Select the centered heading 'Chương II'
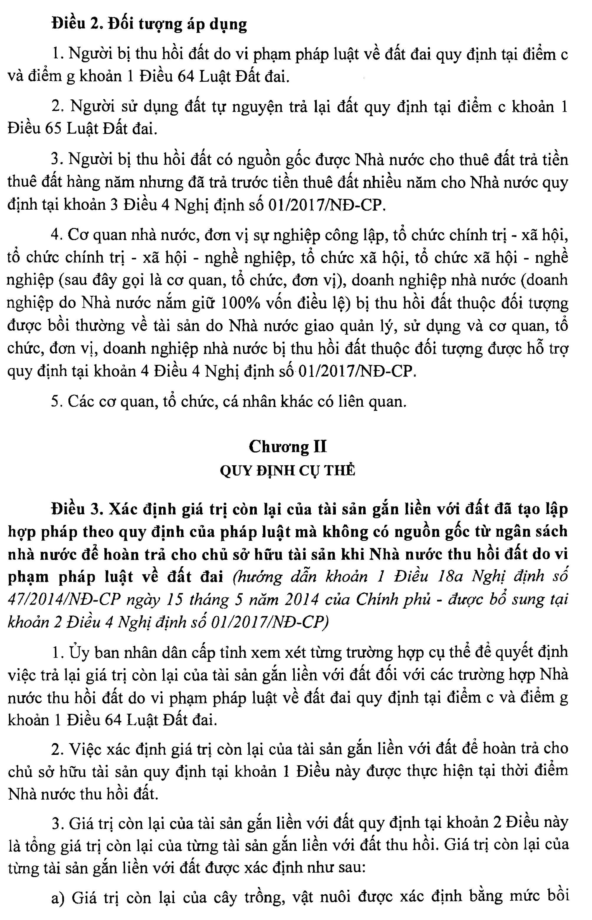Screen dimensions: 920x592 tap(288, 447)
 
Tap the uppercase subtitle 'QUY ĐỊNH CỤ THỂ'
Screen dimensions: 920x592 tap(287, 471)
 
